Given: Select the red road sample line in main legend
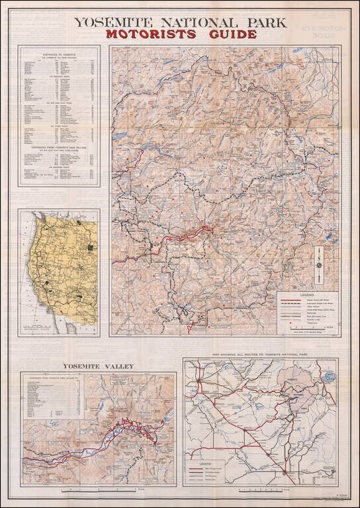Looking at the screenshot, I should tap(292, 300).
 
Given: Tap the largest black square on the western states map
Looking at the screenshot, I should tap(89, 249).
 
